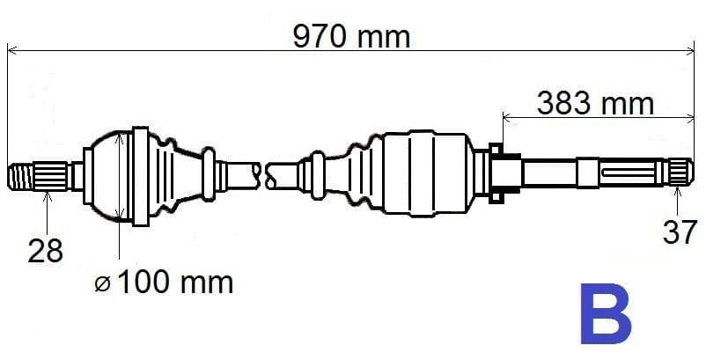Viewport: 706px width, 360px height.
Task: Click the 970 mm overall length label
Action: [352, 37]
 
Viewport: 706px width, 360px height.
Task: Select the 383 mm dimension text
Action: [596, 103]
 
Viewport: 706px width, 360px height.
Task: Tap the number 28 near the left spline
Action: [46, 251]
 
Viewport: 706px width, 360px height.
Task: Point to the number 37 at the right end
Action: [679, 232]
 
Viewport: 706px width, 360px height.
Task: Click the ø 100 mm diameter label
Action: [165, 283]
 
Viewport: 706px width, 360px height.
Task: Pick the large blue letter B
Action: [605, 314]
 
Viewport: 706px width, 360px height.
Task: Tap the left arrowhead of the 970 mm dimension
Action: [12, 50]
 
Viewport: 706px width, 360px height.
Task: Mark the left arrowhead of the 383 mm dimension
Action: [506, 114]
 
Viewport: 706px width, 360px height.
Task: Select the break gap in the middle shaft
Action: [262, 172]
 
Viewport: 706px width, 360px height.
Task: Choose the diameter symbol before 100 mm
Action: [103, 283]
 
